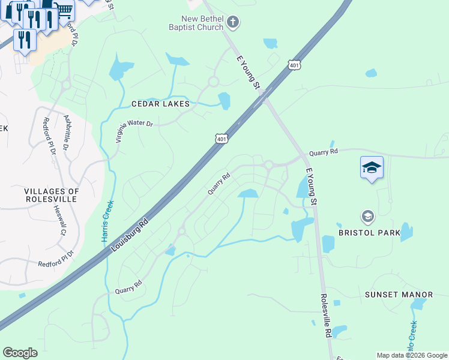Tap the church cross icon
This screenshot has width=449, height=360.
(x=234, y=23)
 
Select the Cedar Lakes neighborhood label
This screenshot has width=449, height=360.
(x=160, y=104)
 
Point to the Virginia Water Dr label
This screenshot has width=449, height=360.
(x=134, y=131)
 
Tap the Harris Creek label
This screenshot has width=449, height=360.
(x=106, y=221)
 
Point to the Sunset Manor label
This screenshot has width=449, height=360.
(x=399, y=295)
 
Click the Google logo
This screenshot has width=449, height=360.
(x=20, y=353)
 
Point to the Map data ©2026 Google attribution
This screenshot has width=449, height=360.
(x=411, y=355)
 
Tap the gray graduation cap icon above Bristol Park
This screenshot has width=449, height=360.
(x=367, y=215)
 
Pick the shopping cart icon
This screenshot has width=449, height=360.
(x=64, y=9)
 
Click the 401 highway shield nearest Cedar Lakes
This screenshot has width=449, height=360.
(x=221, y=139)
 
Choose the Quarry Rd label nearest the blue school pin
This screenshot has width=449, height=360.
(x=324, y=152)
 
